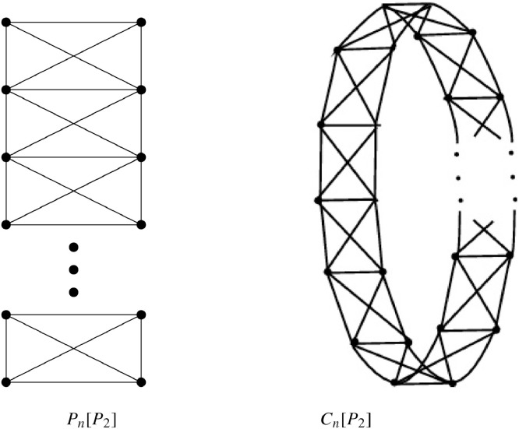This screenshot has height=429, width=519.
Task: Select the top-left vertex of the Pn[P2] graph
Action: click(x=6, y=23)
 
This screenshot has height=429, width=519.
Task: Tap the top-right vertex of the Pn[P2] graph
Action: click(x=141, y=23)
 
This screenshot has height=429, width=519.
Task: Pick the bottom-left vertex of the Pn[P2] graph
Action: click(x=6, y=382)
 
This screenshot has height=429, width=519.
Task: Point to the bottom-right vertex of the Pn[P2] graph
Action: click(x=141, y=382)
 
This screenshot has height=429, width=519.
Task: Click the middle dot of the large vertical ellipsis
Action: click(x=74, y=270)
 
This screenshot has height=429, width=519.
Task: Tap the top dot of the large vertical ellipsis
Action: click(x=74, y=248)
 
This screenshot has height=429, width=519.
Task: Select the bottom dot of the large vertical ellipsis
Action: click(x=74, y=292)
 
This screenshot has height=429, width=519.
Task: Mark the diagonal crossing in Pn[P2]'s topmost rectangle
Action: click(x=74, y=56)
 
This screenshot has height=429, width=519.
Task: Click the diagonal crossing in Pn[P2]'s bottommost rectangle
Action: click(x=74, y=349)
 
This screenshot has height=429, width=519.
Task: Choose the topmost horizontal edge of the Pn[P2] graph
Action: click(x=74, y=23)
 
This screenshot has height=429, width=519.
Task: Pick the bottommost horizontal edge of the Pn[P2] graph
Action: click(x=74, y=382)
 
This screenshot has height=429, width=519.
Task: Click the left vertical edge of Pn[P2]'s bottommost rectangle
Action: click(x=6, y=349)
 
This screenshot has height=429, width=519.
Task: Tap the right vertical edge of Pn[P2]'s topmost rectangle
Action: click(x=141, y=56)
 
